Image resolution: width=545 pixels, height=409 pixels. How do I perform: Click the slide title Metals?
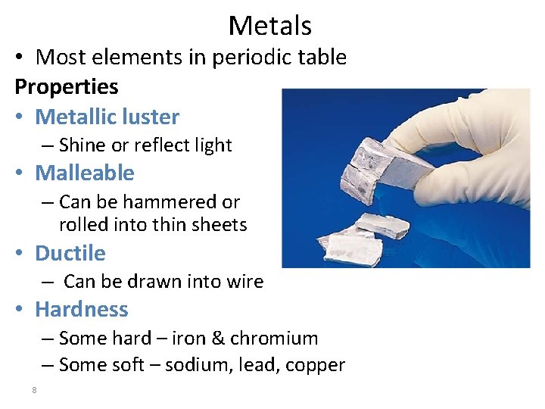coord(269,26)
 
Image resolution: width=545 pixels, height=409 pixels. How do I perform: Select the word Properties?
coord(67,87)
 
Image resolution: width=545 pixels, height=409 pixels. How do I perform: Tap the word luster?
coord(154,117)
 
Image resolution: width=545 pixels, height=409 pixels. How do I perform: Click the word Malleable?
coord(85,173)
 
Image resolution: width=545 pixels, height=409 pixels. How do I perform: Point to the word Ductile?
coord(70,253)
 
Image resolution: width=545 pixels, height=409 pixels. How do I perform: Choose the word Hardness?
coord(82,309)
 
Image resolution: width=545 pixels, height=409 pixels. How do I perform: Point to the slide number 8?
coord(34,390)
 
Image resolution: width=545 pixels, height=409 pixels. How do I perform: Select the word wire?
coord(245,282)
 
